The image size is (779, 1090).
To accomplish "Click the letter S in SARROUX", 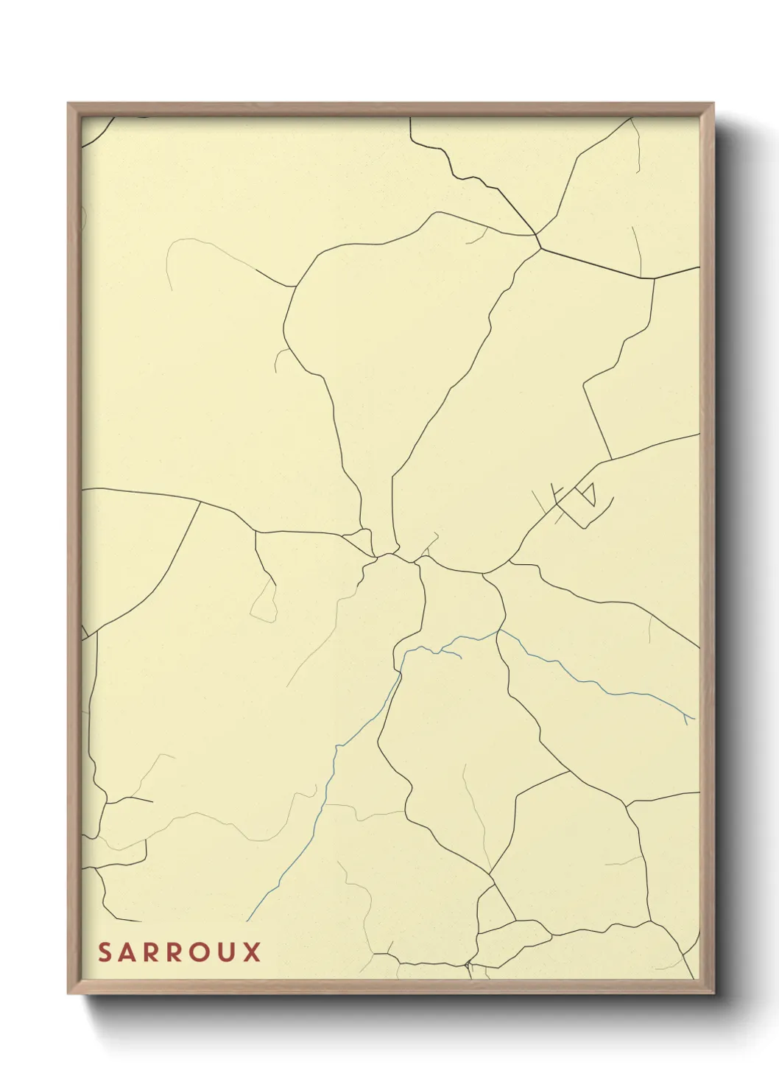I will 105,952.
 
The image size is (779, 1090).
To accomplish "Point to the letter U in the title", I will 227,952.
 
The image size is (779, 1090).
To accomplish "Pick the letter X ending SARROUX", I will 252,952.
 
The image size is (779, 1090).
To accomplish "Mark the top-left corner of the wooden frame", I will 68,104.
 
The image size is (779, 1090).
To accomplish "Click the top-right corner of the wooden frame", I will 713,104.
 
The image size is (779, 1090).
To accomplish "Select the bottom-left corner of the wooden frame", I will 68,994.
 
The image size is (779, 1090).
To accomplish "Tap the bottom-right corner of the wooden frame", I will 713,994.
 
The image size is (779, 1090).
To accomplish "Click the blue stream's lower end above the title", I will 247,920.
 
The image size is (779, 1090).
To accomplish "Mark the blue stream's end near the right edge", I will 693,718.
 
